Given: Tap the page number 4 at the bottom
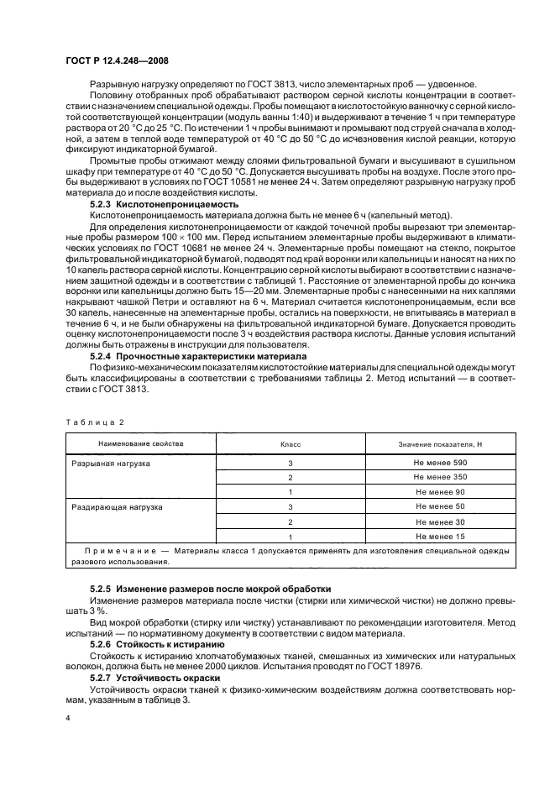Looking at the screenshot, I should click(x=68, y=718).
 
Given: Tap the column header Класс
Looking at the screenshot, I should click(x=290, y=443).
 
